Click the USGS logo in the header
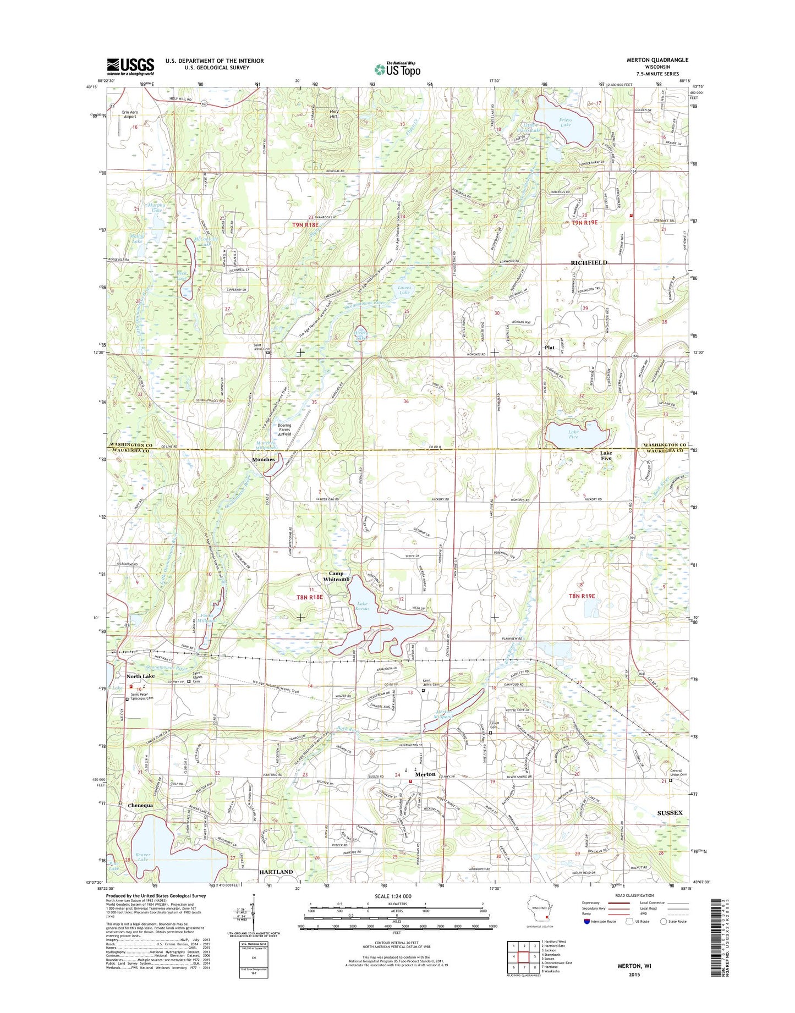point(130,66)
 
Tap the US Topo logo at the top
point(397,69)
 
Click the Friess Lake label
point(565,122)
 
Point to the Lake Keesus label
point(362,606)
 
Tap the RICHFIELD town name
point(589,263)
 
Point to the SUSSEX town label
point(670,813)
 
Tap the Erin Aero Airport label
point(130,114)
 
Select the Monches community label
point(263,459)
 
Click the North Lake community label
point(141,676)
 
